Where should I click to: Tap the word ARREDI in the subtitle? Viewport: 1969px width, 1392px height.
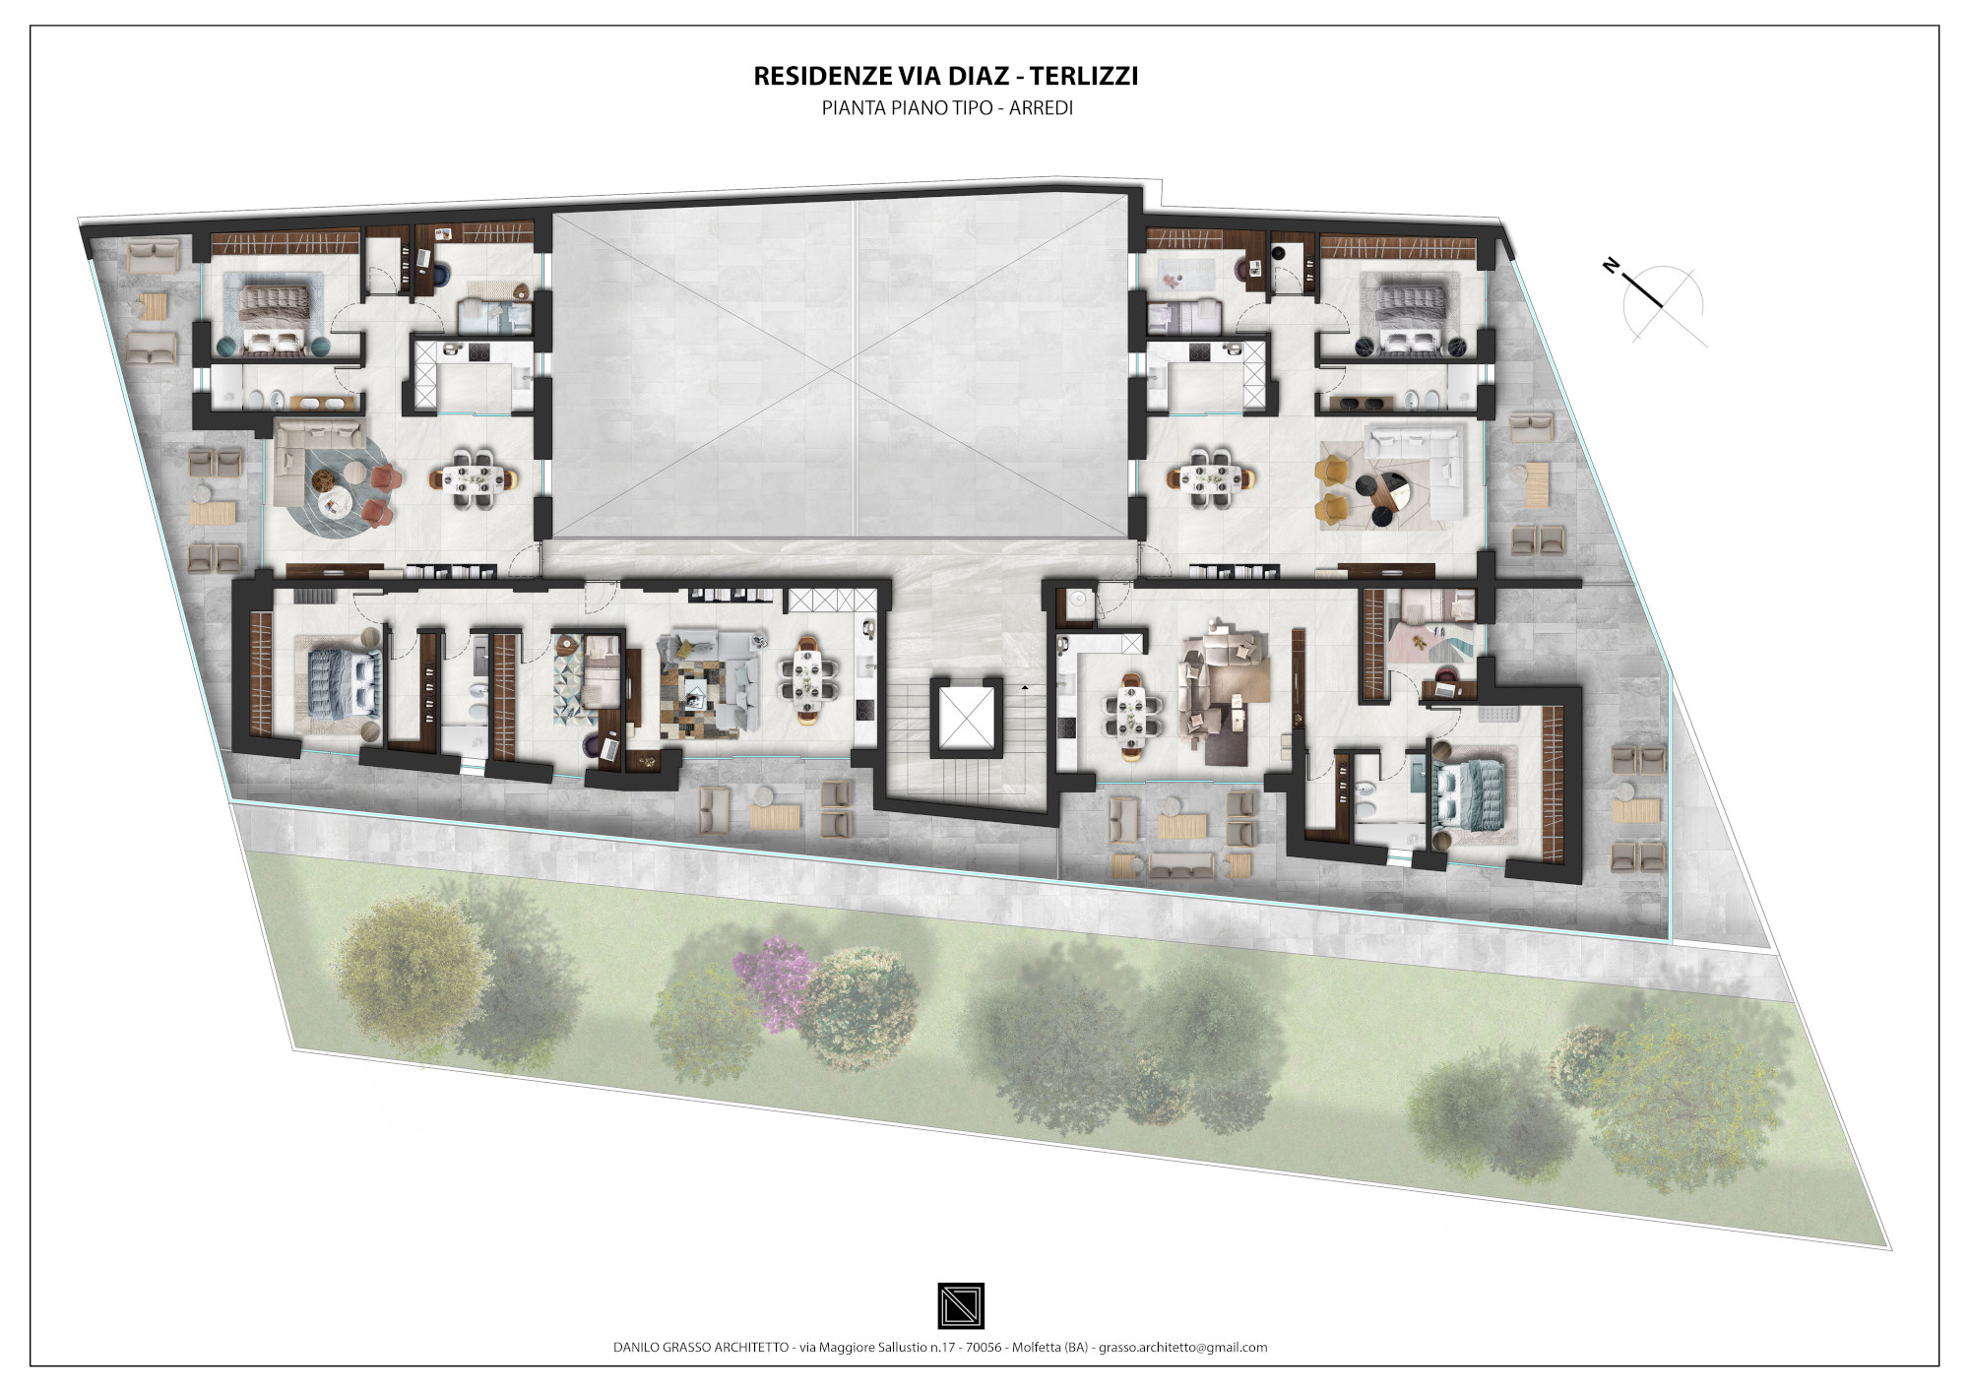pyautogui.click(x=1041, y=108)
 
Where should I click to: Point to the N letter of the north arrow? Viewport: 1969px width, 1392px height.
pyautogui.click(x=1611, y=265)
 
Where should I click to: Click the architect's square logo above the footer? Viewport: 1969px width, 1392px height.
pyautogui.click(x=961, y=1305)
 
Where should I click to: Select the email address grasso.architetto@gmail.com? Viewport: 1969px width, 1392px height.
pyautogui.click(x=1182, y=1348)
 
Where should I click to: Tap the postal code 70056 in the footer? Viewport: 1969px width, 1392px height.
pyautogui.click(x=984, y=1348)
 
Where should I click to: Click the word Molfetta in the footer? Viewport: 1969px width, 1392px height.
pyautogui.click(x=1036, y=1348)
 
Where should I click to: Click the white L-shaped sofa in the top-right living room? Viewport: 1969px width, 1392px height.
pyautogui.click(x=1424, y=471)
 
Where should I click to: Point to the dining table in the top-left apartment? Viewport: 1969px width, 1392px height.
pyautogui.click(x=473, y=478)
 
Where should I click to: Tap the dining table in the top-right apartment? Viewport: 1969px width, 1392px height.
pyautogui.click(x=1211, y=478)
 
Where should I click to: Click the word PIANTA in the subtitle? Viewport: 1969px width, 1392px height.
pyautogui.click(x=854, y=108)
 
